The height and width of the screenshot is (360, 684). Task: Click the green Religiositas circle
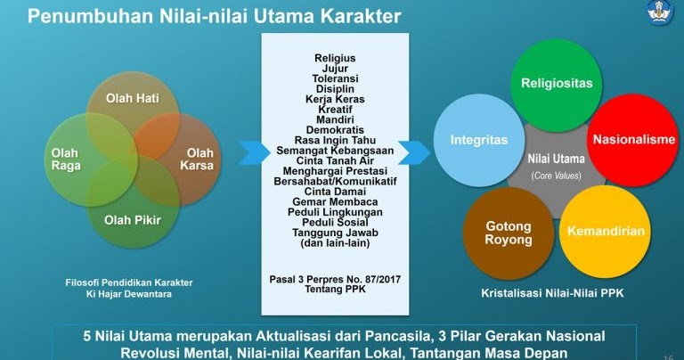(557, 84)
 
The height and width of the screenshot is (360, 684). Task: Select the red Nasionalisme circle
(634, 140)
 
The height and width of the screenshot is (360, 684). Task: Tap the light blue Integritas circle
(478, 140)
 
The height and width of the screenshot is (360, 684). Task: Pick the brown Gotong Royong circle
(509, 233)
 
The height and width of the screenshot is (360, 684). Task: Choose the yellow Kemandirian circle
(606, 231)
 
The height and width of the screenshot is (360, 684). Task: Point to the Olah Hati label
(133, 98)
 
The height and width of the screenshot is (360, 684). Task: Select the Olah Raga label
(65, 159)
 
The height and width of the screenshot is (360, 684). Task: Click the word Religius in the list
(335, 58)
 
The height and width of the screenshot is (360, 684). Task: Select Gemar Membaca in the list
(335, 202)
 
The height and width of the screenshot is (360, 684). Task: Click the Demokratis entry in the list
(335, 129)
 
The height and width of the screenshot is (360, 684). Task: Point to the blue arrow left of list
(251, 151)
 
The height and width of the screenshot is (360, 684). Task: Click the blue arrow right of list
(412, 151)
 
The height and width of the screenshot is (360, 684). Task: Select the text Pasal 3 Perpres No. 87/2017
(335, 279)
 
